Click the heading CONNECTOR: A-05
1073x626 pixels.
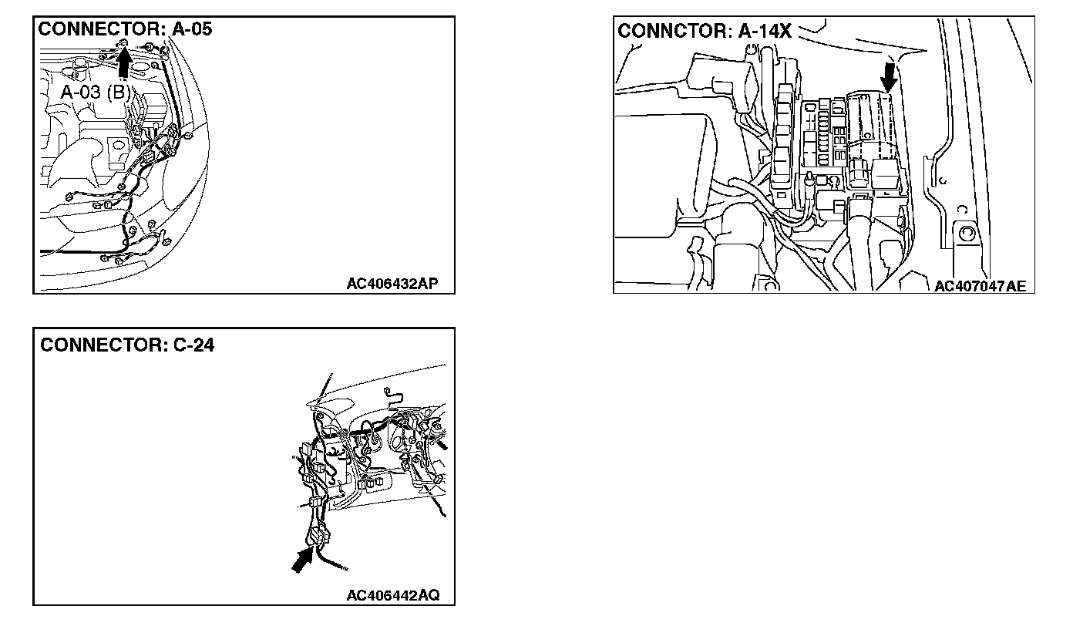[125, 29]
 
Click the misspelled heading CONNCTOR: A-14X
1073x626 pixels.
[704, 31]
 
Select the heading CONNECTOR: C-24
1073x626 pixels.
[127, 345]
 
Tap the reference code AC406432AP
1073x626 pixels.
[392, 283]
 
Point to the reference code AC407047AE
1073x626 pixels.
[980, 286]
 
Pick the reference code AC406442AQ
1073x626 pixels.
[393, 595]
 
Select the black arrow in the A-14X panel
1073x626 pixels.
[889, 78]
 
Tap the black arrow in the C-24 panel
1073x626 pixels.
[303, 560]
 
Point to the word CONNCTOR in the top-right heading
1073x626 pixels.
[674, 31]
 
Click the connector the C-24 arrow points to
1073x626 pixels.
[321, 537]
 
